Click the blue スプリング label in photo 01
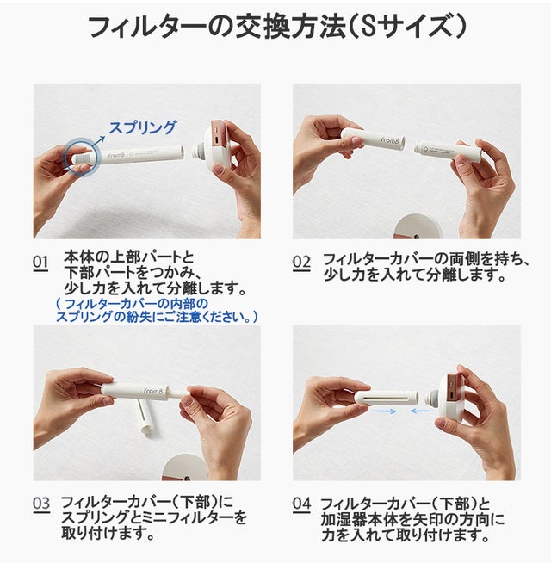click(143, 127)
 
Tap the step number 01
click(40, 263)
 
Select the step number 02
click(301, 263)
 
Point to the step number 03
click(41, 504)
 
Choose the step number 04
click(301, 504)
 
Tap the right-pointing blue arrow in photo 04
click(384, 411)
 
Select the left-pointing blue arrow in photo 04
click(421, 411)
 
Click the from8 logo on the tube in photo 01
click(117, 156)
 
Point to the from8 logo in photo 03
click(153, 391)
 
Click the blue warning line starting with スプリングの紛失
click(157, 317)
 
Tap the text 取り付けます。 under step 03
click(108, 533)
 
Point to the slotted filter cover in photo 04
click(387, 399)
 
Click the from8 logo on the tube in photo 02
click(390, 140)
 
